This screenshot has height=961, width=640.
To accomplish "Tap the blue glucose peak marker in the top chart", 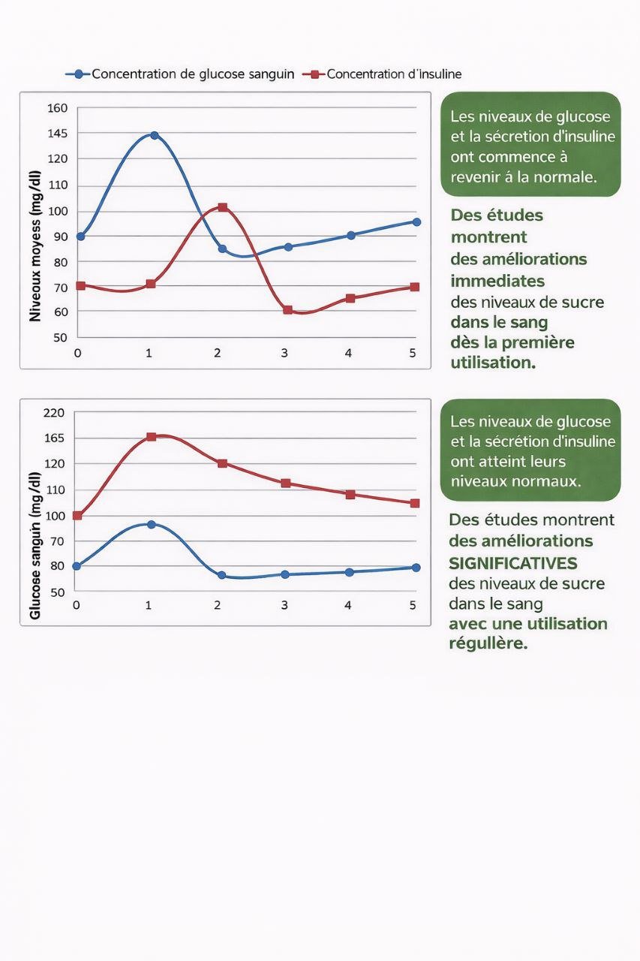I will pyautogui.click(x=154, y=136).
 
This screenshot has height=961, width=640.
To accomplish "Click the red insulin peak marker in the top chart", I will pyautogui.click(x=222, y=207).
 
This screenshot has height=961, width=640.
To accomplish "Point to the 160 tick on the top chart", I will pyautogui.click(x=58, y=108).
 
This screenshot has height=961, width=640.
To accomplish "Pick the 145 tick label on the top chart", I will pyautogui.click(x=58, y=134).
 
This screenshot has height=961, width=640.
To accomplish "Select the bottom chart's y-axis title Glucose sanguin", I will pyautogui.click(x=35, y=546).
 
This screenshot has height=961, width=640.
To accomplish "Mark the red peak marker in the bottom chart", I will pyautogui.click(x=151, y=437).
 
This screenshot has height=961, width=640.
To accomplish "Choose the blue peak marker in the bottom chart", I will pyautogui.click(x=151, y=524).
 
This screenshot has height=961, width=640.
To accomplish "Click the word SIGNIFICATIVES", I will pyautogui.click(x=513, y=562).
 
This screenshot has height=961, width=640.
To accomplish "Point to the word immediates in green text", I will pyautogui.click(x=497, y=281).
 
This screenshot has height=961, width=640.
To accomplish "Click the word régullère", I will pyautogui.click(x=488, y=644).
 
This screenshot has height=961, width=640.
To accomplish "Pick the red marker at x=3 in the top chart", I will pyautogui.click(x=287, y=310).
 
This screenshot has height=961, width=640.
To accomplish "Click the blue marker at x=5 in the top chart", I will pyautogui.click(x=416, y=222).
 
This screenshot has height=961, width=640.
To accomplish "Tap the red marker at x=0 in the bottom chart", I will pyautogui.click(x=77, y=516).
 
